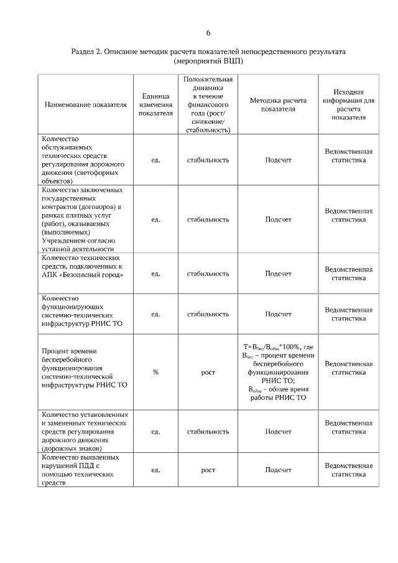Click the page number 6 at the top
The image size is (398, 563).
[x=208, y=33]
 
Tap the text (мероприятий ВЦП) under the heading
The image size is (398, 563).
[x=208, y=62]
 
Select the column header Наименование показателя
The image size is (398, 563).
[x=86, y=105]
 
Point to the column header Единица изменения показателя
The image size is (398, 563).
[x=155, y=105]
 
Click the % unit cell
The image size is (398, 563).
[x=155, y=372]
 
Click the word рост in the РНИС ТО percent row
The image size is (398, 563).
[x=208, y=372]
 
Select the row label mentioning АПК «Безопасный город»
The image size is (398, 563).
[x=85, y=266]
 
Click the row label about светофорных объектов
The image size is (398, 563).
[x=85, y=160]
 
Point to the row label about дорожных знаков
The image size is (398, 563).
[x=85, y=431]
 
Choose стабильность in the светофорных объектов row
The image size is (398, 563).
[x=208, y=160]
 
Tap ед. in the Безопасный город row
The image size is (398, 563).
[x=155, y=273]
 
